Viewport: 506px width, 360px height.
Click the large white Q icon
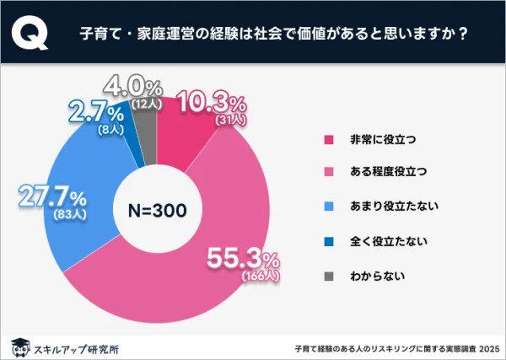coord(31,35)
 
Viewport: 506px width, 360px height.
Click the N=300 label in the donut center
coord(157,209)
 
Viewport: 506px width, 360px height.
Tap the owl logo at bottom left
coord(17,345)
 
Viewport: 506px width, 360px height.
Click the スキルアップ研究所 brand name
coord(67,346)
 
